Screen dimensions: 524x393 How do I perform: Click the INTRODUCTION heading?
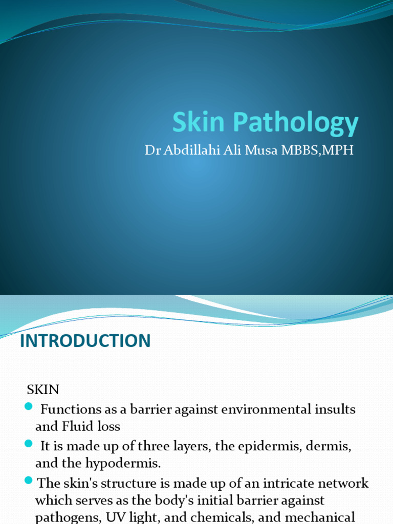[x=85, y=341]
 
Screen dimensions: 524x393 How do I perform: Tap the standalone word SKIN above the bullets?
[x=43, y=389]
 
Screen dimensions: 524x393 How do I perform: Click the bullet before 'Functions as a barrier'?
[x=28, y=407]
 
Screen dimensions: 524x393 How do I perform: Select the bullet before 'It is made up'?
[x=28, y=444]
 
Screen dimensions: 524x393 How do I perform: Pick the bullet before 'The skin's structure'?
[x=28, y=481]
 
